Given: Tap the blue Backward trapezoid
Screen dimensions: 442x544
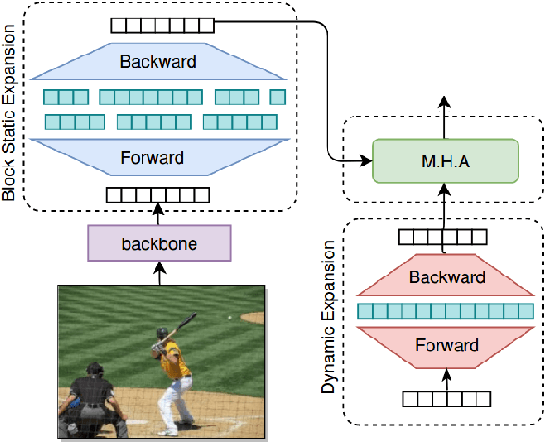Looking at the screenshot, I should coord(158,62).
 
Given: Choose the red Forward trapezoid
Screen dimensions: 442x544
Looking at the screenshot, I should coord(445,345).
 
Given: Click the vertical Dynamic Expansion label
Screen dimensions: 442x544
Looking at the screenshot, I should coord(328,320).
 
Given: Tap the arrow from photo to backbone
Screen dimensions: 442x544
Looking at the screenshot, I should coord(159,272).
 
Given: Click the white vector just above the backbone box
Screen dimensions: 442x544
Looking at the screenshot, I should coord(153,194).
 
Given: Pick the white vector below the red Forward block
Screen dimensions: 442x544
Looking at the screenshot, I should coord(446,399).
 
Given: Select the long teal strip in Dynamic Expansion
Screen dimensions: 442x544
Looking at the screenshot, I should coord(445,312).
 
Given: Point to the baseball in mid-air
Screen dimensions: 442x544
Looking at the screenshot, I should coord(229,318).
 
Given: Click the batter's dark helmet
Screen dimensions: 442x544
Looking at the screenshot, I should coord(163,331).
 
